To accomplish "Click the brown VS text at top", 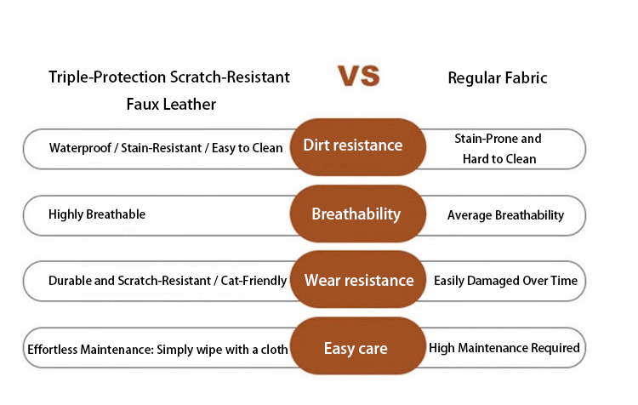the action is click(359, 76).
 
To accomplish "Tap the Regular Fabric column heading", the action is click(498, 77).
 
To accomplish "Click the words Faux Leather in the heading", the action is click(171, 104).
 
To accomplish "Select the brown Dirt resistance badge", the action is click(358, 147).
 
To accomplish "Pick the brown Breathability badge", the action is click(358, 214).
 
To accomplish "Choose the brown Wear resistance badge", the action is click(358, 280).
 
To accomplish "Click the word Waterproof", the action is click(80, 148).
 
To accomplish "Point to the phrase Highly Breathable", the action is click(97, 214).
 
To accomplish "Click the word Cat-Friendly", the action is click(253, 281).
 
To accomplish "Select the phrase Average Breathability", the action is click(506, 215).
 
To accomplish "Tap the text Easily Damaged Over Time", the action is click(506, 281).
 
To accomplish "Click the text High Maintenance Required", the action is click(504, 348).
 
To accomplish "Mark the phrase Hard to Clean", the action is click(499, 159).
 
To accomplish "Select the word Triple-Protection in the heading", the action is click(107, 77).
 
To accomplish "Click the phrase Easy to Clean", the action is click(247, 148).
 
